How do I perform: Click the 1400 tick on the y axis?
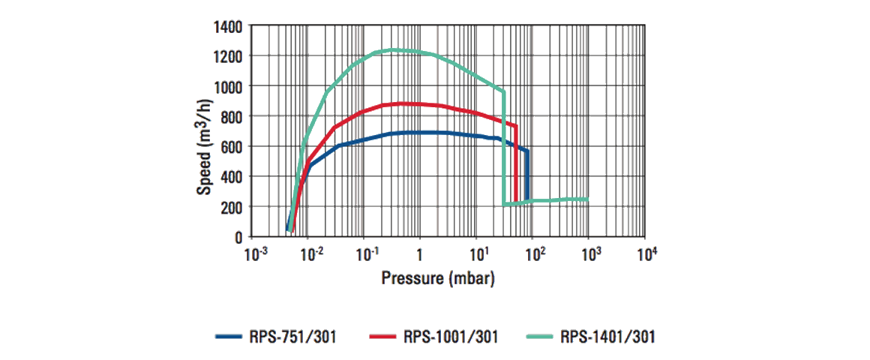click(x=228, y=27)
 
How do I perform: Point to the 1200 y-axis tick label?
click(x=228, y=57)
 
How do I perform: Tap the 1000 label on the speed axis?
click(x=228, y=87)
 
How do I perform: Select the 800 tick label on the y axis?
click(x=231, y=117)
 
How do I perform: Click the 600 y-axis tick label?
click(x=231, y=146)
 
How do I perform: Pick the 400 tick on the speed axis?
click(x=231, y=176)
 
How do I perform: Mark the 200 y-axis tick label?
click(x=231, y=206)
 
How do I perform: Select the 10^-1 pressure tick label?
click(x=367, y=256)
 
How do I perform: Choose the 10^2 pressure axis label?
click(x=533, y=256)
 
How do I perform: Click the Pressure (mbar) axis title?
click(x=438, y=279)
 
